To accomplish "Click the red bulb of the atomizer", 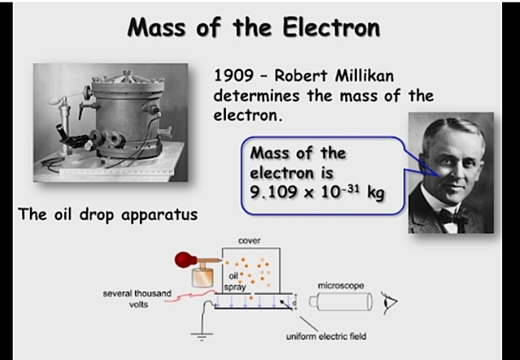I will [x=184, y=262].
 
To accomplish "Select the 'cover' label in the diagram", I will [x=249, y=241].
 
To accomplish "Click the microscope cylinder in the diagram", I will [x=340, y=306].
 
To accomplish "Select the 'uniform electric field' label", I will [x=321, y=336].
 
